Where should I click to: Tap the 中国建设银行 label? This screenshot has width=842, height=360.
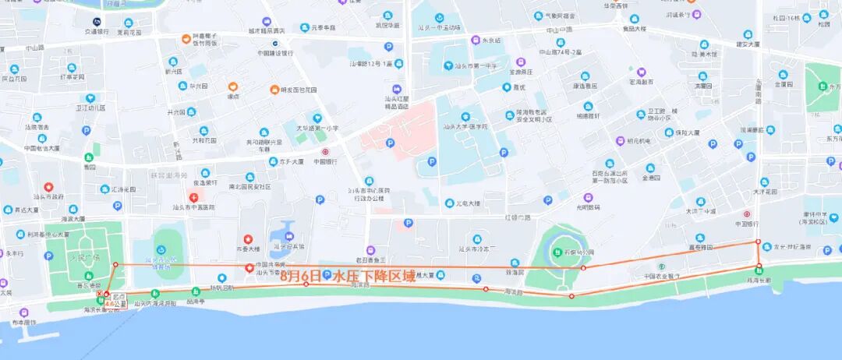[x=275, y=53]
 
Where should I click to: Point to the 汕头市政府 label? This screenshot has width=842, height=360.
[x=48, y=197]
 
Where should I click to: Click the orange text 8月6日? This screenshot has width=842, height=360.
[x=300, y=276]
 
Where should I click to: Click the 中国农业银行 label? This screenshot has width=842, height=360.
[x=661, y=276]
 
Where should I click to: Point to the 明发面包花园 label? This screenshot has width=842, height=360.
[x=299, y=90]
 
